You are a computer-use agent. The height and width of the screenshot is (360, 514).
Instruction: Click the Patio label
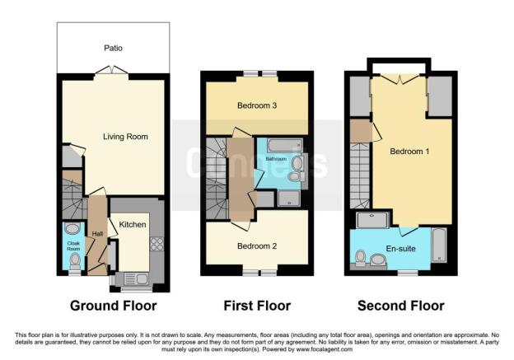(x=113, y=49)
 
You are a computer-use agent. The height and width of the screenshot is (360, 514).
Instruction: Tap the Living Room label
(x=125, y=137)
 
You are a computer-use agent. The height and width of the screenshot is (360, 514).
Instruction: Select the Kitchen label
(x=133, y=225)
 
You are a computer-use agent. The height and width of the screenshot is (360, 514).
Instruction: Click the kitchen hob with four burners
(x=157, y=244)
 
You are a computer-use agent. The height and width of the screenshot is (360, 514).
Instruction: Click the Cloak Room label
(x=73, y=245)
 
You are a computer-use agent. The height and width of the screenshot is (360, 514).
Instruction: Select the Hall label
(x=97, y=234)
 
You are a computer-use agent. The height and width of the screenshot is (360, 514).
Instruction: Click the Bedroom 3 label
(x=257, y=105)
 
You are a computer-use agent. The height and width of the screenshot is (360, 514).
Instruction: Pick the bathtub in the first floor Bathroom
(x=284, y=146)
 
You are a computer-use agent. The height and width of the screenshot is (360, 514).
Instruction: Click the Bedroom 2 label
(x=257, y=245)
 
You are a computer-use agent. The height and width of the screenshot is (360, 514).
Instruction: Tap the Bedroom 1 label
(x=409, y=152)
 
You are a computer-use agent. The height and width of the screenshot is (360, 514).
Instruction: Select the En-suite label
(x=400, y=249)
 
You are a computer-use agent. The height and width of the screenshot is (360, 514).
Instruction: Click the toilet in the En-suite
(x=361, y=258)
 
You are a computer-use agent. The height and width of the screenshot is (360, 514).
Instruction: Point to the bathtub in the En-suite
(x=439, y=245)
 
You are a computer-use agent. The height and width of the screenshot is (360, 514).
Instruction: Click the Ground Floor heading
(x=114, y=306)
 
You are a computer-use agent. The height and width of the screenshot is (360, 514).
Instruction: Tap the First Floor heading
(x=257, y=306)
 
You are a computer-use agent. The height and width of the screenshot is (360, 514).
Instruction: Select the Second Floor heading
(x=401, y=306)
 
